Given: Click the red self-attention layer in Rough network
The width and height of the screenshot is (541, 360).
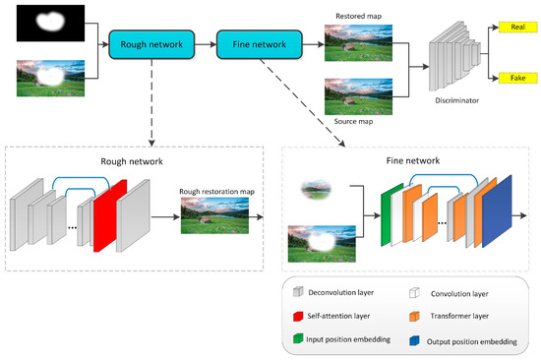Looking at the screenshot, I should tap(110, 214).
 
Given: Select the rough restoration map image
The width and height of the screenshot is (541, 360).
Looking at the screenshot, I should tap(213, 212).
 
